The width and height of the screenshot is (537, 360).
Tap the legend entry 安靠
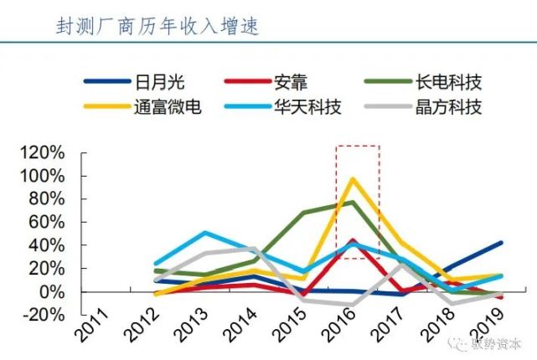pyautogui.click(x=291, y=82)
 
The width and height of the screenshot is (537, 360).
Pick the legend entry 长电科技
pyautogui.click(x=448, y=82)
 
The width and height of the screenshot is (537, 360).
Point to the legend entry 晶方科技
pyautogui.click(x=448, y=107)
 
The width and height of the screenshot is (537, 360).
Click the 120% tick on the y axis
pyautogui.click(x=41, y=153)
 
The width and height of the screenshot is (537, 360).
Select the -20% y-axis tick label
pyautogui.click(x=41, y=314)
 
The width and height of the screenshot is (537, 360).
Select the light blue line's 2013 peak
pyautogui.click(x=206, y=233)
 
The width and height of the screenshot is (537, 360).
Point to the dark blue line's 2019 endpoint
pyautogui.click(x=501, y=243)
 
